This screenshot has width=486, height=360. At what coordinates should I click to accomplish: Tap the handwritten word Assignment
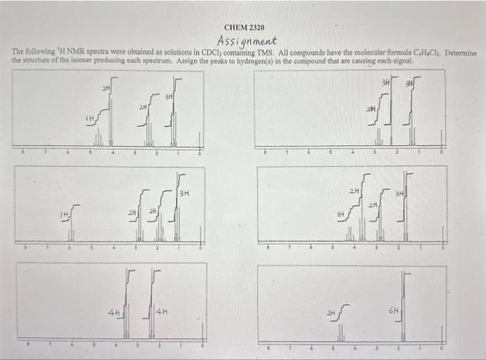pyautogui.click(x=247, y=41)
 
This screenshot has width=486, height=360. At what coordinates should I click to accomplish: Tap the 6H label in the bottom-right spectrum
pyautogui.click(x=394, y=313)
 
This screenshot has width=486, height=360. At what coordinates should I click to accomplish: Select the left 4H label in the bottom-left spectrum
pyautogui.click(x=113, y=313)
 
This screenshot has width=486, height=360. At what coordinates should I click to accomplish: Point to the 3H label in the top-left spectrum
pyautogui.click(x=168, y=96)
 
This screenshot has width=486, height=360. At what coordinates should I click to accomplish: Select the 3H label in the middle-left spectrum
pyautogui.click(x=185, y=192)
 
